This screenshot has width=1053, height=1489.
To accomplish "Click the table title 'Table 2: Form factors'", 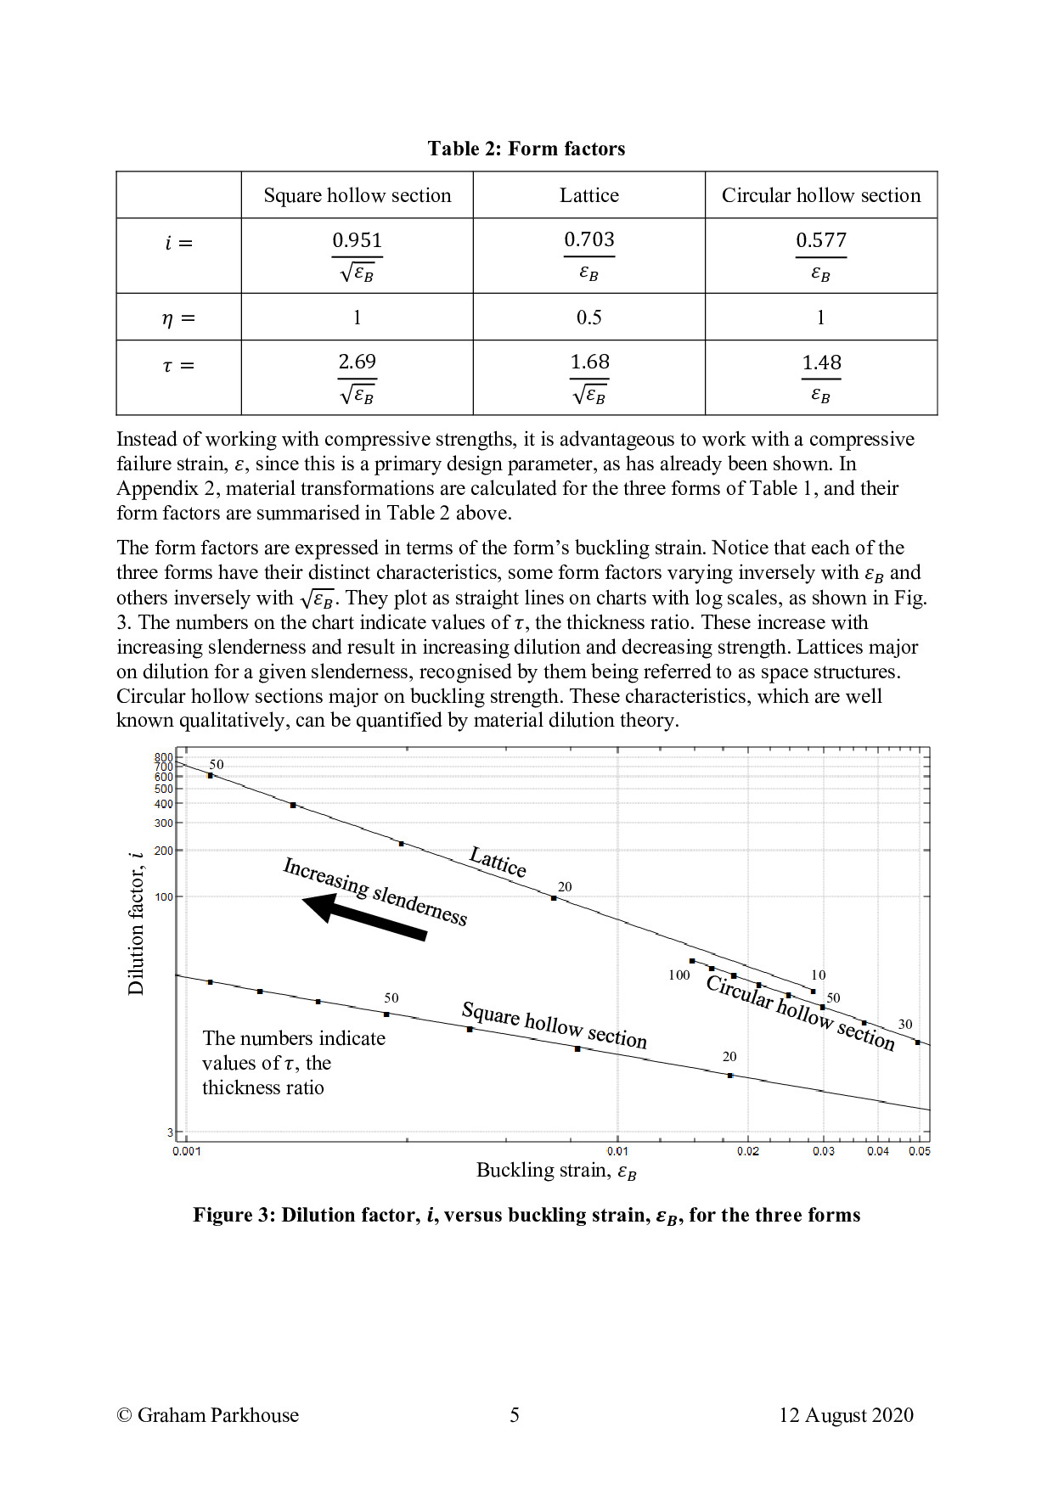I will click(x=526, y=149).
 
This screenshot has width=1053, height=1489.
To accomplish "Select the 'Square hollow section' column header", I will click(x=357, y=195).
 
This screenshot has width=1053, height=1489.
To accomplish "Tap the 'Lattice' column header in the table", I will click(x=588, y=195).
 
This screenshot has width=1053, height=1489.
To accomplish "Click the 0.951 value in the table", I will click(x=357, y=240).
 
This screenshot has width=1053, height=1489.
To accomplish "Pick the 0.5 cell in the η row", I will click(x=588, y=317).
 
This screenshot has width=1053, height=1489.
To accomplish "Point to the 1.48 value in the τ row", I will click(x=821, y=363).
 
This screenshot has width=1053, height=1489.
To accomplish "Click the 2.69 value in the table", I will click(x=357, y=362).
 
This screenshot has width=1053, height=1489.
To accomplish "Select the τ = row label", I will click(x=178, y=366).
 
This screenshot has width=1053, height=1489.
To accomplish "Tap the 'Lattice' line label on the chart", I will click(x=498, y=862).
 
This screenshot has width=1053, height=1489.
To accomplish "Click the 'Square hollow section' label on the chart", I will click(x=554, y=1025).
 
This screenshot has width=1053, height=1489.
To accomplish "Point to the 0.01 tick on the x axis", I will click(x=617, y=1151).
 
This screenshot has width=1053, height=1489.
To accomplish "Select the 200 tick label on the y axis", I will click(x=163, y=851).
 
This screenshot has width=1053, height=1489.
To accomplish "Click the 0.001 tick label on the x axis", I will click(x=187, y=1151).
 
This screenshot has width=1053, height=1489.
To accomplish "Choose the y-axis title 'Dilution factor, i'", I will click(x=136, y=922).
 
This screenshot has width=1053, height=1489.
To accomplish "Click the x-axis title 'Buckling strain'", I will click(x=555, y=1171).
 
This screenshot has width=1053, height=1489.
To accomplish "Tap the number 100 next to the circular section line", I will click(x=679, y=975).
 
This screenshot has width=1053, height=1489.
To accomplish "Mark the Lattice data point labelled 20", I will click(x=554, y=898).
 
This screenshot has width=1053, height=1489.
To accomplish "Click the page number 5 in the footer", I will click(x=514, y=1415).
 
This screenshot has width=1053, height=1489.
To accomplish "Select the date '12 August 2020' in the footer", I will click(x=846, y=1415).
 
